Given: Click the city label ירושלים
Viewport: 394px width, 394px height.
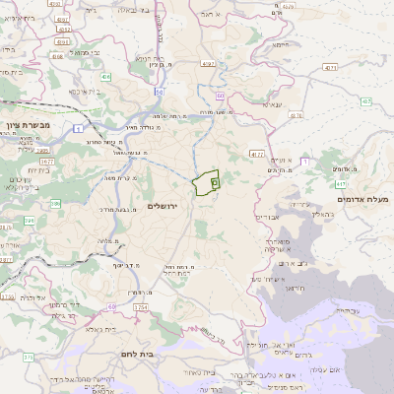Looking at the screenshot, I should [x=165, y=204].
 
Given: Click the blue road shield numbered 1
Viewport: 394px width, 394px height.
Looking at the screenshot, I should [x=77, y=128].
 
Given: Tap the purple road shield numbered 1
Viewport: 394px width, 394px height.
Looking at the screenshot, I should [x=305, y=160].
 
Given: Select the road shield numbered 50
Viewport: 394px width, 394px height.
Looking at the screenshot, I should [x=159, y=91].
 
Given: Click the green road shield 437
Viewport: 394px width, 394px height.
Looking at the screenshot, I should [x=365, y=101].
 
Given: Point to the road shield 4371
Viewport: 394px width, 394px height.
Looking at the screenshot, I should [x=329, y=68].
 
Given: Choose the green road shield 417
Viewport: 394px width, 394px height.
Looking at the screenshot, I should [x=340, y=183].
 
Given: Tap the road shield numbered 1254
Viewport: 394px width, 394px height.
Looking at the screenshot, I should [x=140, y=308].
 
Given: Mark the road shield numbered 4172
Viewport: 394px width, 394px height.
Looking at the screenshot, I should [x=256, y=154].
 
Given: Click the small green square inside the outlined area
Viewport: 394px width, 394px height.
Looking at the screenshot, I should [x=216, y=182].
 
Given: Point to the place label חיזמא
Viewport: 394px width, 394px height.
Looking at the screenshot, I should [x=281, y=45].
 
